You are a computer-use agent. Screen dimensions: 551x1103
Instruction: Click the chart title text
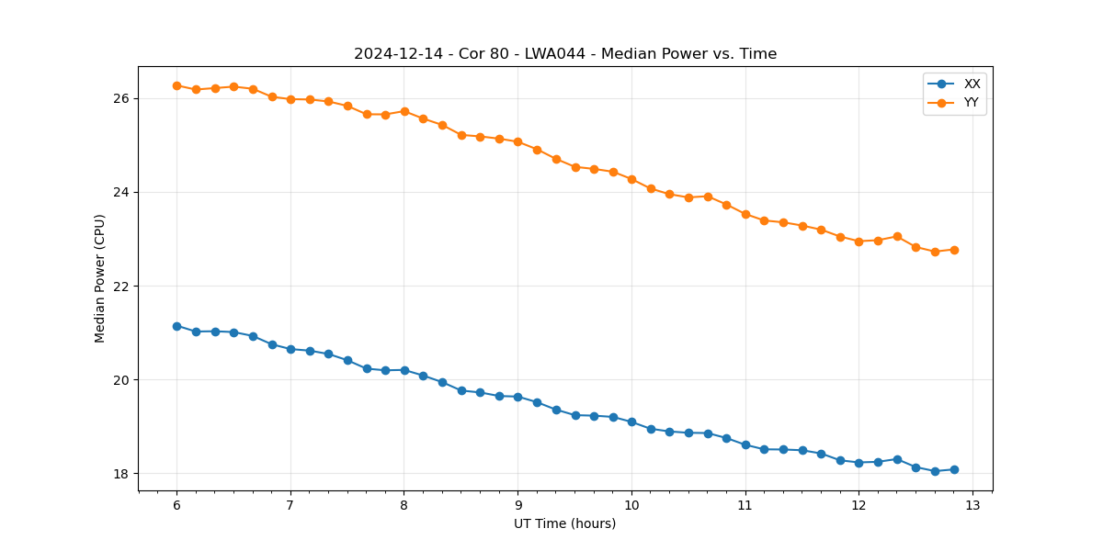click(565, 54)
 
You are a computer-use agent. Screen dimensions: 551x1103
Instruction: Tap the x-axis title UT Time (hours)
click(564, 523)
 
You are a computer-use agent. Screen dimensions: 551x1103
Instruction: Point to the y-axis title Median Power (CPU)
click(100, 278)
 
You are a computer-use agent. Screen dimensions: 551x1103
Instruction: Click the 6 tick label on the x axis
click(176, 506)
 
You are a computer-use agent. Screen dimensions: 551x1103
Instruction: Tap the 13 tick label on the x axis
click(972, 506)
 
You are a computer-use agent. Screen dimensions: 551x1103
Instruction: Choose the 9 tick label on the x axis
click(517, 506)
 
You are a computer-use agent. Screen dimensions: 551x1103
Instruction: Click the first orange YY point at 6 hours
click(176, 85)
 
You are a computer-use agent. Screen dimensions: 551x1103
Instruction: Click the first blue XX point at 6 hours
click(176, 326)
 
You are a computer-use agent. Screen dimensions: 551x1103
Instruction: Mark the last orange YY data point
click(954, 250)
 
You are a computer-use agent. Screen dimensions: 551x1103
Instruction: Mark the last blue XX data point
click(954, 469)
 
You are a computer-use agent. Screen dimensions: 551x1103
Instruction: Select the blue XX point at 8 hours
click(404, 370)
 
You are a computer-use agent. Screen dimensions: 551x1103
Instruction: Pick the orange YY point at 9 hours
click(517, 142)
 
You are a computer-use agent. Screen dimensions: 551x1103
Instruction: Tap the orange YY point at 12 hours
click(859, 242)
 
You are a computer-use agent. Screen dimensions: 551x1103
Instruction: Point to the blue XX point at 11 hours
click(745, 444)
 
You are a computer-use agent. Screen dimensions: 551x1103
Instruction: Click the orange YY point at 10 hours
click(631, 179)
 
